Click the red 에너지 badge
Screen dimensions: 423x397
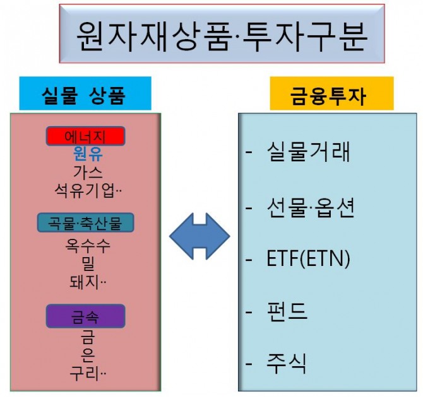(85, 136)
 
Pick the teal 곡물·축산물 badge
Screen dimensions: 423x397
(85, 222)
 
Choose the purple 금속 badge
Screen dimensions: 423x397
(85, 316)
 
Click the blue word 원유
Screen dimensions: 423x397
(88, 154)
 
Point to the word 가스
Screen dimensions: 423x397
(88, 173)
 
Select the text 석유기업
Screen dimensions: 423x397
(85, 191)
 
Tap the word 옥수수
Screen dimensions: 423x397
(88, 246)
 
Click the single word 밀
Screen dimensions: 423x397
(88, 264)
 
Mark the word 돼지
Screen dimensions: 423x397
(84, 282)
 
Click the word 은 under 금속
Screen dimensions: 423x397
(88, 355)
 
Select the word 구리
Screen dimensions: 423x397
(84, 374)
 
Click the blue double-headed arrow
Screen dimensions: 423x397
(200, 236)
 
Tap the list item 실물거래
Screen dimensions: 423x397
(308, 152)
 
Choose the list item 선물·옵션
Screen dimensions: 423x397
(311, 208)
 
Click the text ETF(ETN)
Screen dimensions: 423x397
(308, 258)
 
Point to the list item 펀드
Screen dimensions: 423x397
(287, 312)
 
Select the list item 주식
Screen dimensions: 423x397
(287, 364)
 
